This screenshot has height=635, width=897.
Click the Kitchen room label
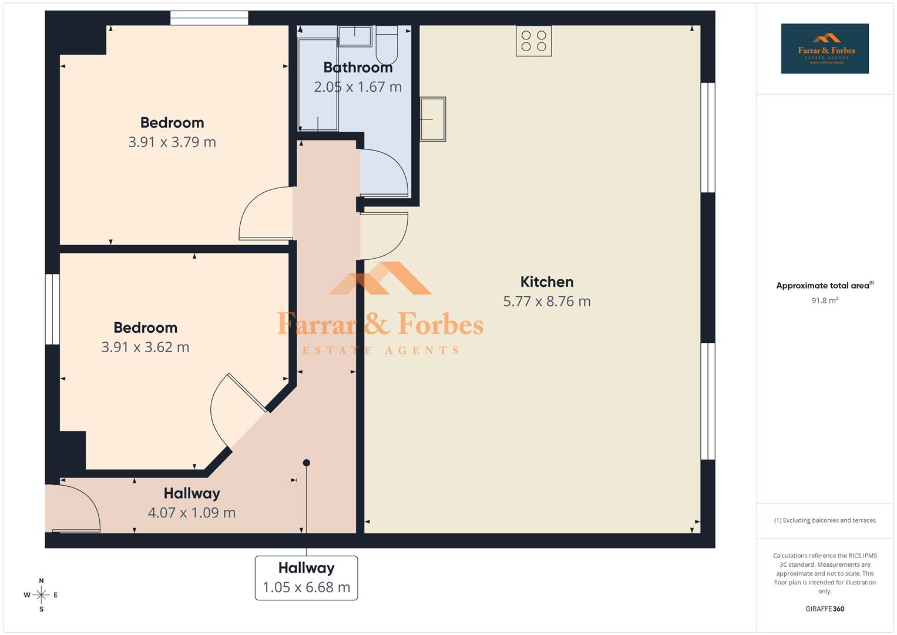click(x=546, y=282)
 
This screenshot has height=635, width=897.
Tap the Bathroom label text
click(x=358, y=68)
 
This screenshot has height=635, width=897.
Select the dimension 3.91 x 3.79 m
click(x=172, y=142)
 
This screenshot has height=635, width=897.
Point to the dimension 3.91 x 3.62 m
click(x=145, y=347)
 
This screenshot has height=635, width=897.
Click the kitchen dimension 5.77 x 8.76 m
click(x=546, y=301)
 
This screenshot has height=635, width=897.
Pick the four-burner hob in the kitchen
click(x=533, y=41)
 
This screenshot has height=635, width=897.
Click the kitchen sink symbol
click(x=433, y=119)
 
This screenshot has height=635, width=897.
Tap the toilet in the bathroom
click(x=387, y=45)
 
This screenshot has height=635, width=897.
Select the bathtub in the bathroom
click(x=318, y=85)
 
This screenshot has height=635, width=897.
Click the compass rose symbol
click(x=41, y=595)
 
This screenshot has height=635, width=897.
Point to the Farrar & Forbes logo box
click(x=824, y=49)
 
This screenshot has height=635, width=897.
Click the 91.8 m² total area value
click(x=824, y=300)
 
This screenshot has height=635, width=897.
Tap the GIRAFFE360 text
click(x=824, y=609)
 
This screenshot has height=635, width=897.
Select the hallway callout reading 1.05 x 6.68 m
click(x=306, y=578)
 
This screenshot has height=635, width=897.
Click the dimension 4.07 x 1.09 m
click(x=192, y=513)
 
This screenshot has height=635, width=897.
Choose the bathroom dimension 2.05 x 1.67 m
click(x=358, y=87)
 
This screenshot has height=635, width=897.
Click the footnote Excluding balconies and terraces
click(x=824, y=520)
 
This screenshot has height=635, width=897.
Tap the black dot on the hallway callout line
click(x=306, y=463)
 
